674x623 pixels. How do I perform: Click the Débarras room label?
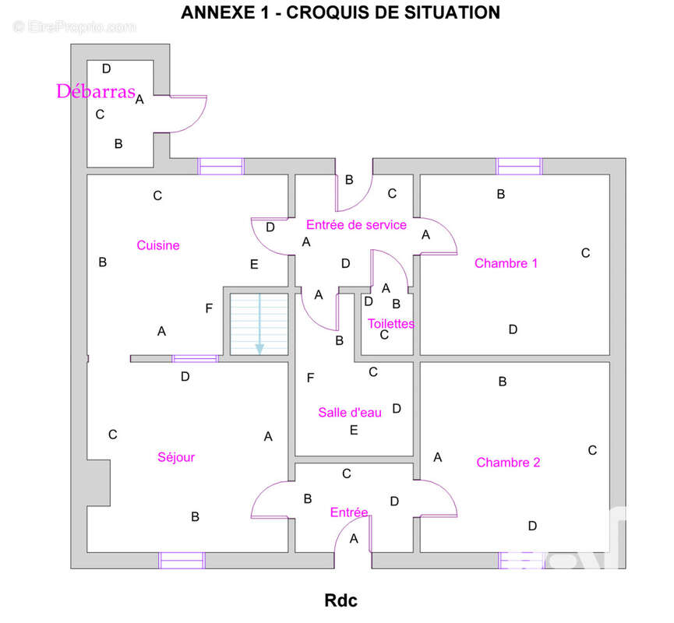pyautogui.click(x=96, y=91)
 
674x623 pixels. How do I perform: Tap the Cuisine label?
pyautogui.click(x=158, y=245)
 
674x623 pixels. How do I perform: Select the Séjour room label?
pyautogui.click(x=176, y=457)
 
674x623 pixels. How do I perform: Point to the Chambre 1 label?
pyautogui.click(x=506, y=263)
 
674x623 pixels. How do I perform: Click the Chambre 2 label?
pyautogui.click(x=508, y=463)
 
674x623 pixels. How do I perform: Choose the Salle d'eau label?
pyautogui.click(x=350, y=413)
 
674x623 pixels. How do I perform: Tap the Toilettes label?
pyautogui.click(x=391, y=323)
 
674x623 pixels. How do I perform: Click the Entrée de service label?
pyautogui.click(x=356, y=225)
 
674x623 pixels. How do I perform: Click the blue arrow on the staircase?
pyautogui.click(x=259, y=324)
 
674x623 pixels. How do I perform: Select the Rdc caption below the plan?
pyautogui.click(x=341, y=600)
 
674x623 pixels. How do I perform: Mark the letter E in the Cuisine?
pyautogui.click(x=254, y=264)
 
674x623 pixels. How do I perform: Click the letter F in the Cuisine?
pyautogui.click(x=209, y=308)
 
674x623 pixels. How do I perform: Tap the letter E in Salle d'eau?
pyautogui.click(x=354, y=430)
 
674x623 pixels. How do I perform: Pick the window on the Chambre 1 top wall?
pyautogui.click(x=519, y=167)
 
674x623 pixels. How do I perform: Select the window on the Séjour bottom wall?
pyautogui.click(x=182, y=561)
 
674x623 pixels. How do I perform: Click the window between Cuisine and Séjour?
pyautogui.click(x=195, y=359)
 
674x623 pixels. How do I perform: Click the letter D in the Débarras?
pyautogui.click(x=106, y=69)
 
